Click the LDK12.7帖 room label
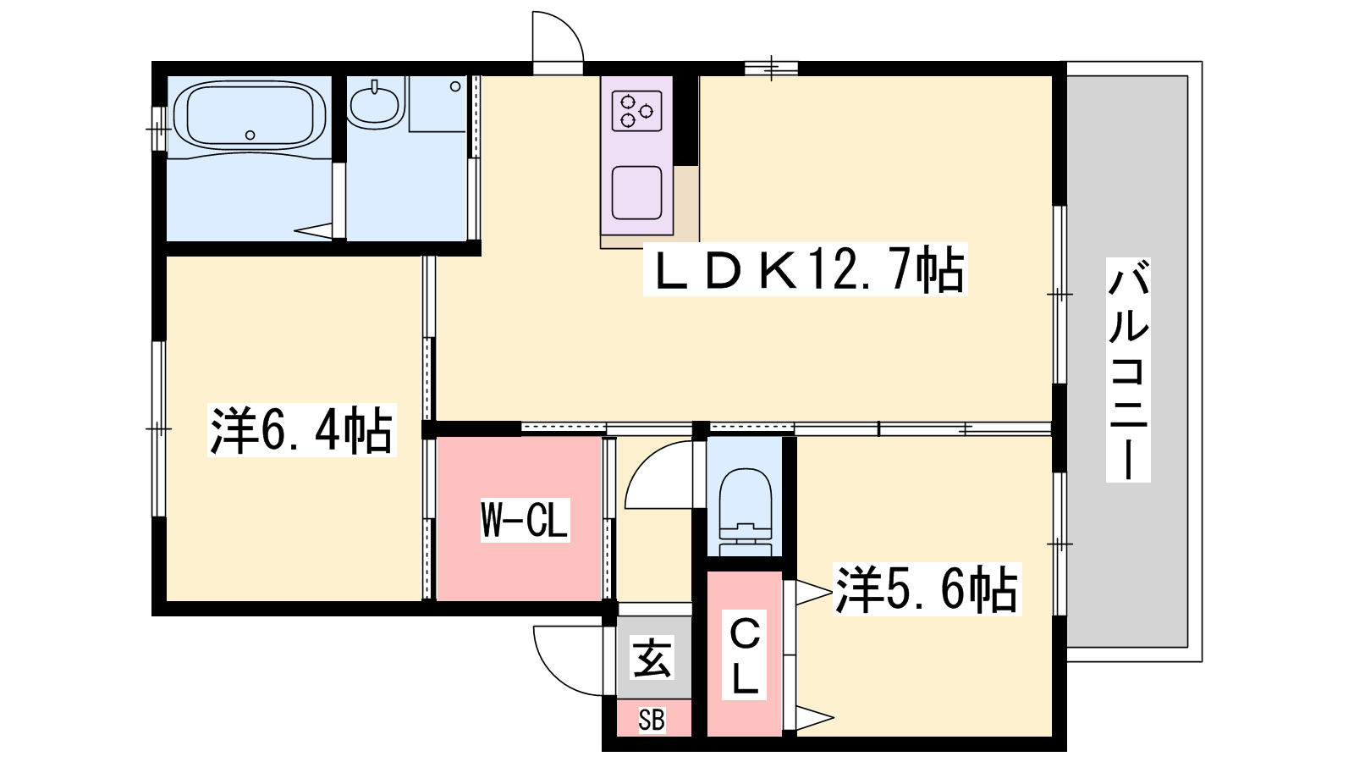click(x=805, y=270)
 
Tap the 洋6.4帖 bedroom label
click(x=301, y=430)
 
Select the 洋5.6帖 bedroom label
click(x=927, y=589)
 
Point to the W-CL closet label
click(x=525, y=520)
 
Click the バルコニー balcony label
click(x=1128, y=369)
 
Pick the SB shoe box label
click(x=652, y=721)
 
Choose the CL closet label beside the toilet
click(x=745, y=655)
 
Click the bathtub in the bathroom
click(x=250, y=115)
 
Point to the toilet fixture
click(x=746, y=511)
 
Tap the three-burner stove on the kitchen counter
click(x=636, y=111)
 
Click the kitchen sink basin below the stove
click(x=636, y=192)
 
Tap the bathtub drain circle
click(x=250, y=135)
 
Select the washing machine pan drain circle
click(x=455, y=86)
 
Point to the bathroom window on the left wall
click(x=158, y=128)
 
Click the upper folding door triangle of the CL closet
click(x=813, y=593)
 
